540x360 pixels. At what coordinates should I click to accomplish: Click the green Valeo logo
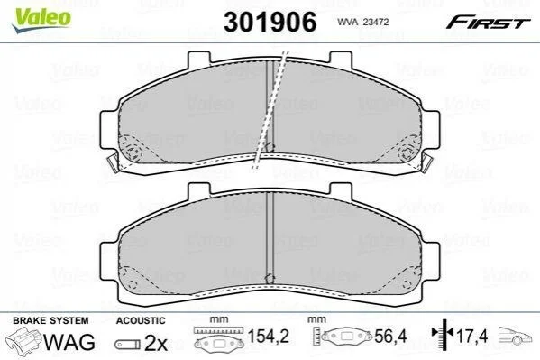point(41,20)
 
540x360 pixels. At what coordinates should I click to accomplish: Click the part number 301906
point(270,22)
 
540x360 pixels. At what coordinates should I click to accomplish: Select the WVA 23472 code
point(363,22)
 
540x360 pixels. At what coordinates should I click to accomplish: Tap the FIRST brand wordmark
point(488,22)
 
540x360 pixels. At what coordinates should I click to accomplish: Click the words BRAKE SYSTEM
point(50,320)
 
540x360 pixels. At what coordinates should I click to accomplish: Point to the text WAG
point(69,342)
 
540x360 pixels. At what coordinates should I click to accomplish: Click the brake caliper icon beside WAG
point(23,339)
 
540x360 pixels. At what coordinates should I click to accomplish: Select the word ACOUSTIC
point(141,320)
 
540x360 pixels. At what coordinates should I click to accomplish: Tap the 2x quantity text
point(156,343)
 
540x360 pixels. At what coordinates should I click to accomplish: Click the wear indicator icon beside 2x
point(127,344)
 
